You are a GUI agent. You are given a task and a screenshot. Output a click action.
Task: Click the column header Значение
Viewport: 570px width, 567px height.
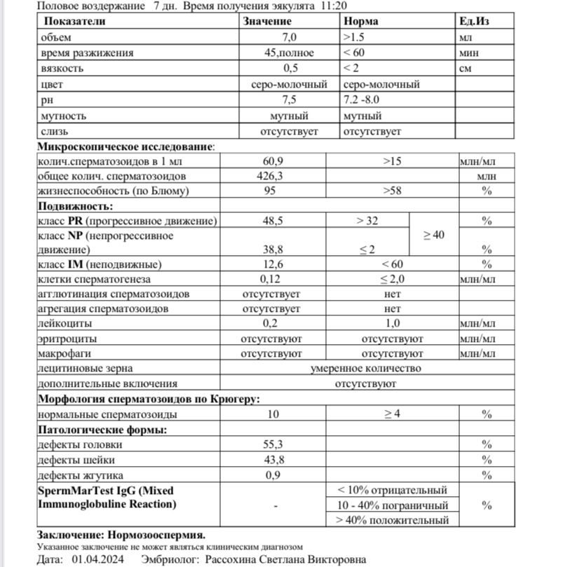(269, 21)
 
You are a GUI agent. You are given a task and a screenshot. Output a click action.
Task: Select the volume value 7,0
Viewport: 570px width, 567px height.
(290, 37)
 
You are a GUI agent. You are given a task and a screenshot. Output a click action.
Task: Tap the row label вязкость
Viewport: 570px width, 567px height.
(62, 69)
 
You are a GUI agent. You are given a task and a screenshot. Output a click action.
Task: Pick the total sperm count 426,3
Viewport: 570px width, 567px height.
(270, 176)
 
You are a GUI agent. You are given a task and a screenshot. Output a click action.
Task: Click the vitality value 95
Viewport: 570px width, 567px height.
(270, 191)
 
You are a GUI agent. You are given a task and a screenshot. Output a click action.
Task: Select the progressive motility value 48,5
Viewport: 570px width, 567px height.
(273, 221)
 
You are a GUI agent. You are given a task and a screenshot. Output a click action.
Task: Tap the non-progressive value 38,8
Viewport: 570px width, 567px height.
(273, 249)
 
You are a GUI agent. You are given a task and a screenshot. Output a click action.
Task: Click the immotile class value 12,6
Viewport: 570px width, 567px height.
(273, 264)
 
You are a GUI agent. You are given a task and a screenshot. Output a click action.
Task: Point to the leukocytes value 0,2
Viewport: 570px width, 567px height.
(271, 324)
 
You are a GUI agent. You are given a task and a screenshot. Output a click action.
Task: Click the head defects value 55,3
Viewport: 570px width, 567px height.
(273, 444)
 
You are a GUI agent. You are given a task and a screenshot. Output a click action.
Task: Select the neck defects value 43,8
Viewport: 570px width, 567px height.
(273, 460)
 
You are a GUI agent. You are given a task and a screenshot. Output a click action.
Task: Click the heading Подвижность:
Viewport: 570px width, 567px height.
(75, 206)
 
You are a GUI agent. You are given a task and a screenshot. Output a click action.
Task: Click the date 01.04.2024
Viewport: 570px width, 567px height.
(97, 560)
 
